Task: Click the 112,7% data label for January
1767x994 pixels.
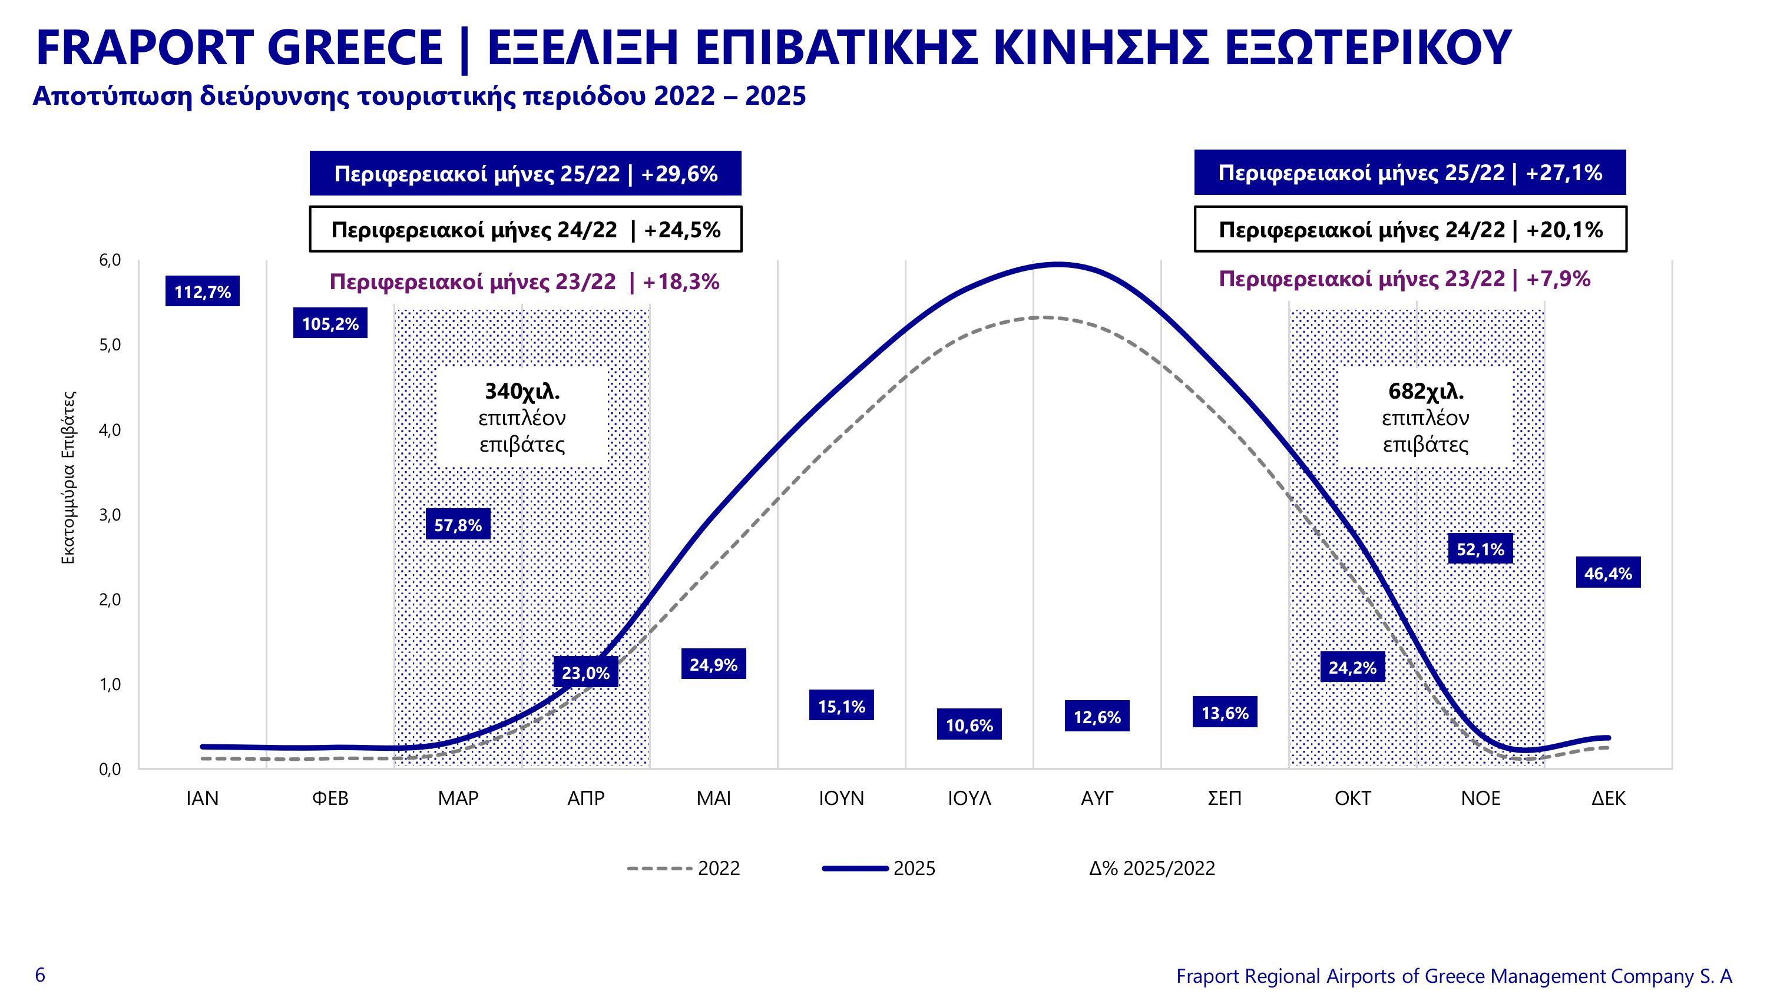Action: point(203,291)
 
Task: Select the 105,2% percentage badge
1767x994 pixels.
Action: point(330,323)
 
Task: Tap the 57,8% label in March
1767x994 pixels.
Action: point(458,524)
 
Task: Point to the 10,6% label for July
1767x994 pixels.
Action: point(969,724)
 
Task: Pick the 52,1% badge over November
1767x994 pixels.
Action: point(1480,548)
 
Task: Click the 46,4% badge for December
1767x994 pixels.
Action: point(1609,572)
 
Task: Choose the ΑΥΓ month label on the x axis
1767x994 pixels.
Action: point(1097,798)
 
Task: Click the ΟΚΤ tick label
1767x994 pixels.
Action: point(1353,798)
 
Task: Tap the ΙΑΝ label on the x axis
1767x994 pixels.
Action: point(203,798)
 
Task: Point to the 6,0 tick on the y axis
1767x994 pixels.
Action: point(110,260)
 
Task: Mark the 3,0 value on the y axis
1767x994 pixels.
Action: point(110,515)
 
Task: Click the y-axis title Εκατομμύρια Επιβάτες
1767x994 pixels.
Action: point(68,478)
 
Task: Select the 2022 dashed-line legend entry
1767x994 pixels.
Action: point(684,869)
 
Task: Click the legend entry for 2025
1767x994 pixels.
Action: point(879,869)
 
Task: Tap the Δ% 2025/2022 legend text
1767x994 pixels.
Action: point(1151,869)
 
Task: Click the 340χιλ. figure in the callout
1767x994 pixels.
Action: point(522,391)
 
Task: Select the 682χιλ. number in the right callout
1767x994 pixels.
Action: point(1425,391)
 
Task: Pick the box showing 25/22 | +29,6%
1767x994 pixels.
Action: point(525,174)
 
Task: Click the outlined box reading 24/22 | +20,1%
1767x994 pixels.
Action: point(1410,229)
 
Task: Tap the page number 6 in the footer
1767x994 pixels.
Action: point(41,975)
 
